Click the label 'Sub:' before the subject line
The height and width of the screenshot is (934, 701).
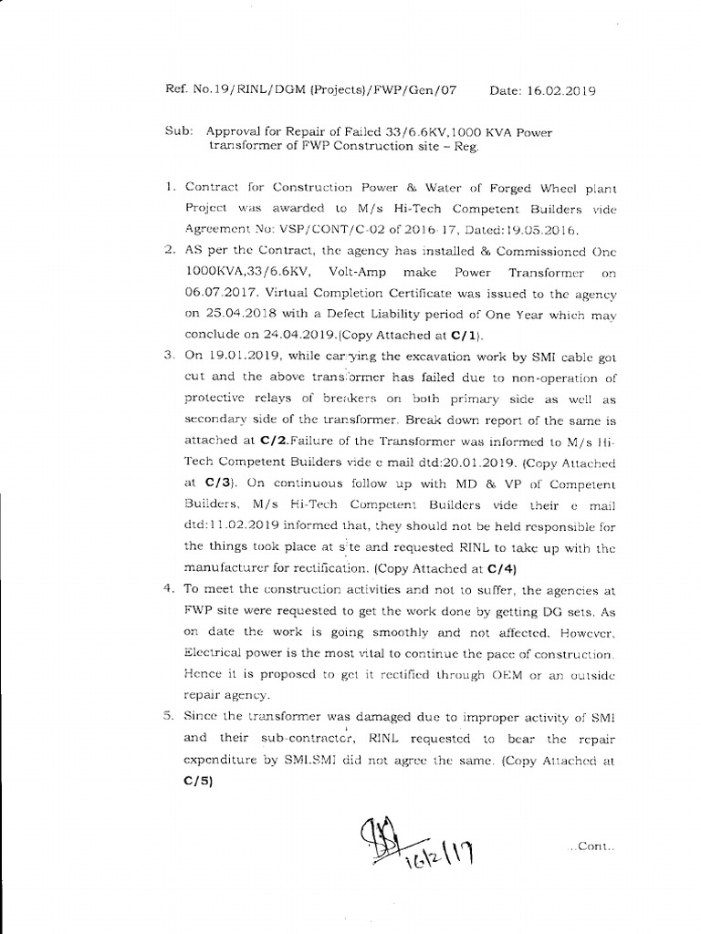click(x=178, y=131)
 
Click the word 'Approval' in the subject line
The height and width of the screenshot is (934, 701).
click(x=235, y=131)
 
